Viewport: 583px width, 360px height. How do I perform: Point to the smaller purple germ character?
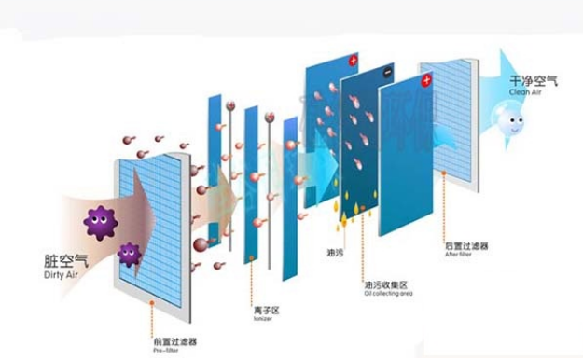pyautogui.click(x=130, y=253)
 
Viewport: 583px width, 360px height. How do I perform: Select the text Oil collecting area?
pyautogui.click(x=388, y=293)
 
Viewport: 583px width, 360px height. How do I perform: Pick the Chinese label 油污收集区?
pyautogui.click(x=387, y=283)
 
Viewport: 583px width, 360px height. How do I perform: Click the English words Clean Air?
pyautogui.click(x=524, y=93)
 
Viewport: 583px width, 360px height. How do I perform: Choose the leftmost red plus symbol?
pyautogui.click(x=354, y=61)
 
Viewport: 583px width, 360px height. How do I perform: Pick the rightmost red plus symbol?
pyautogui.click(x=426, y=82)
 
